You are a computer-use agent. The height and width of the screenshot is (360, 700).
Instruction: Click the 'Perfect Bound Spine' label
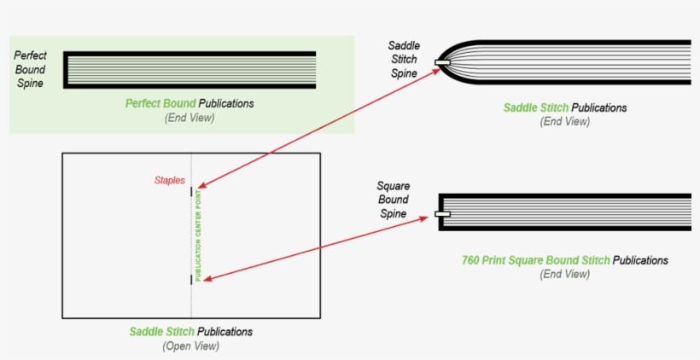click(30, 69)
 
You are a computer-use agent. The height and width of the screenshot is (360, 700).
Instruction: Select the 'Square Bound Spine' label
click(393, 200)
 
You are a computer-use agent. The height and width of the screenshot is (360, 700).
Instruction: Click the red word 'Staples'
click(169, 181)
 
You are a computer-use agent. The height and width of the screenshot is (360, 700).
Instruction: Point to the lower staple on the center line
click(191, 279)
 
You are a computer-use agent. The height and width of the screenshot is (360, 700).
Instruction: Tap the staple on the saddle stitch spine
click(442, 63)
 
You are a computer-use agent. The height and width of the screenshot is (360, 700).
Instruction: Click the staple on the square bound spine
click(442, 213)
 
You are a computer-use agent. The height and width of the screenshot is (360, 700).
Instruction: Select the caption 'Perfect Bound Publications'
click(190, 103)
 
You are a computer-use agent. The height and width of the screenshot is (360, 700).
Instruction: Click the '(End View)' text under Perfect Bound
click(190, 118)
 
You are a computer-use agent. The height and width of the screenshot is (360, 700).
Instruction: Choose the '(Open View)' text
click(190, 346)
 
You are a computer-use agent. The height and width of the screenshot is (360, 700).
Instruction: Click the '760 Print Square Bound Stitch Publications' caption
click(563, 260)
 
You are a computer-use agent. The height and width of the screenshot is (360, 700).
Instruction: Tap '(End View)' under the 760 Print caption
click(564, 275)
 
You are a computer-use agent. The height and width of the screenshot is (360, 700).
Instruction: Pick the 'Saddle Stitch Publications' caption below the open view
click(191, 332)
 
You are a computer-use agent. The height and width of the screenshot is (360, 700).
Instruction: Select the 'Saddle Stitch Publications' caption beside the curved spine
click(565, 107)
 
